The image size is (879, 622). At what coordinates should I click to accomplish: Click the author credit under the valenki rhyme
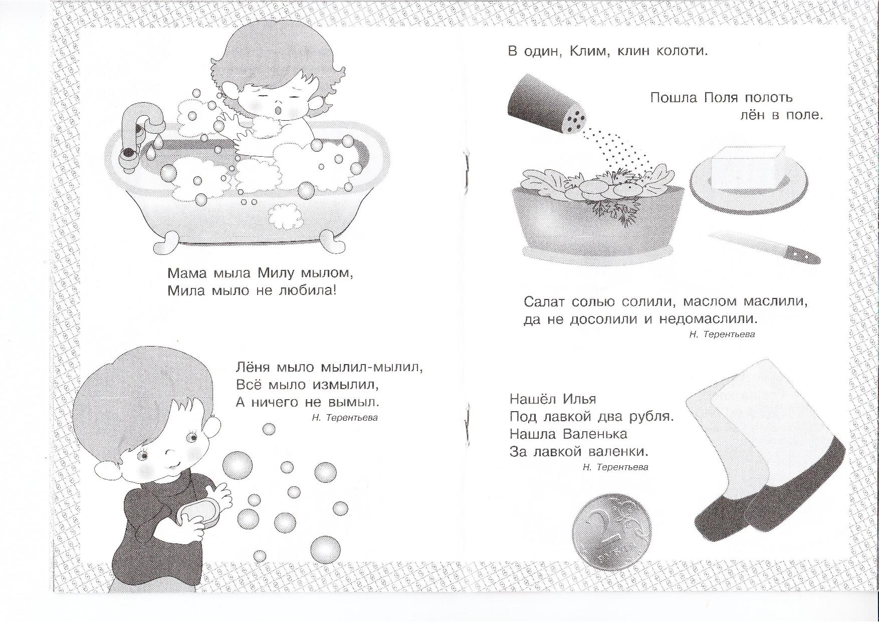(615, 467)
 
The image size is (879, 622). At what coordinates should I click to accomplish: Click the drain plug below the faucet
(128, 152)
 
